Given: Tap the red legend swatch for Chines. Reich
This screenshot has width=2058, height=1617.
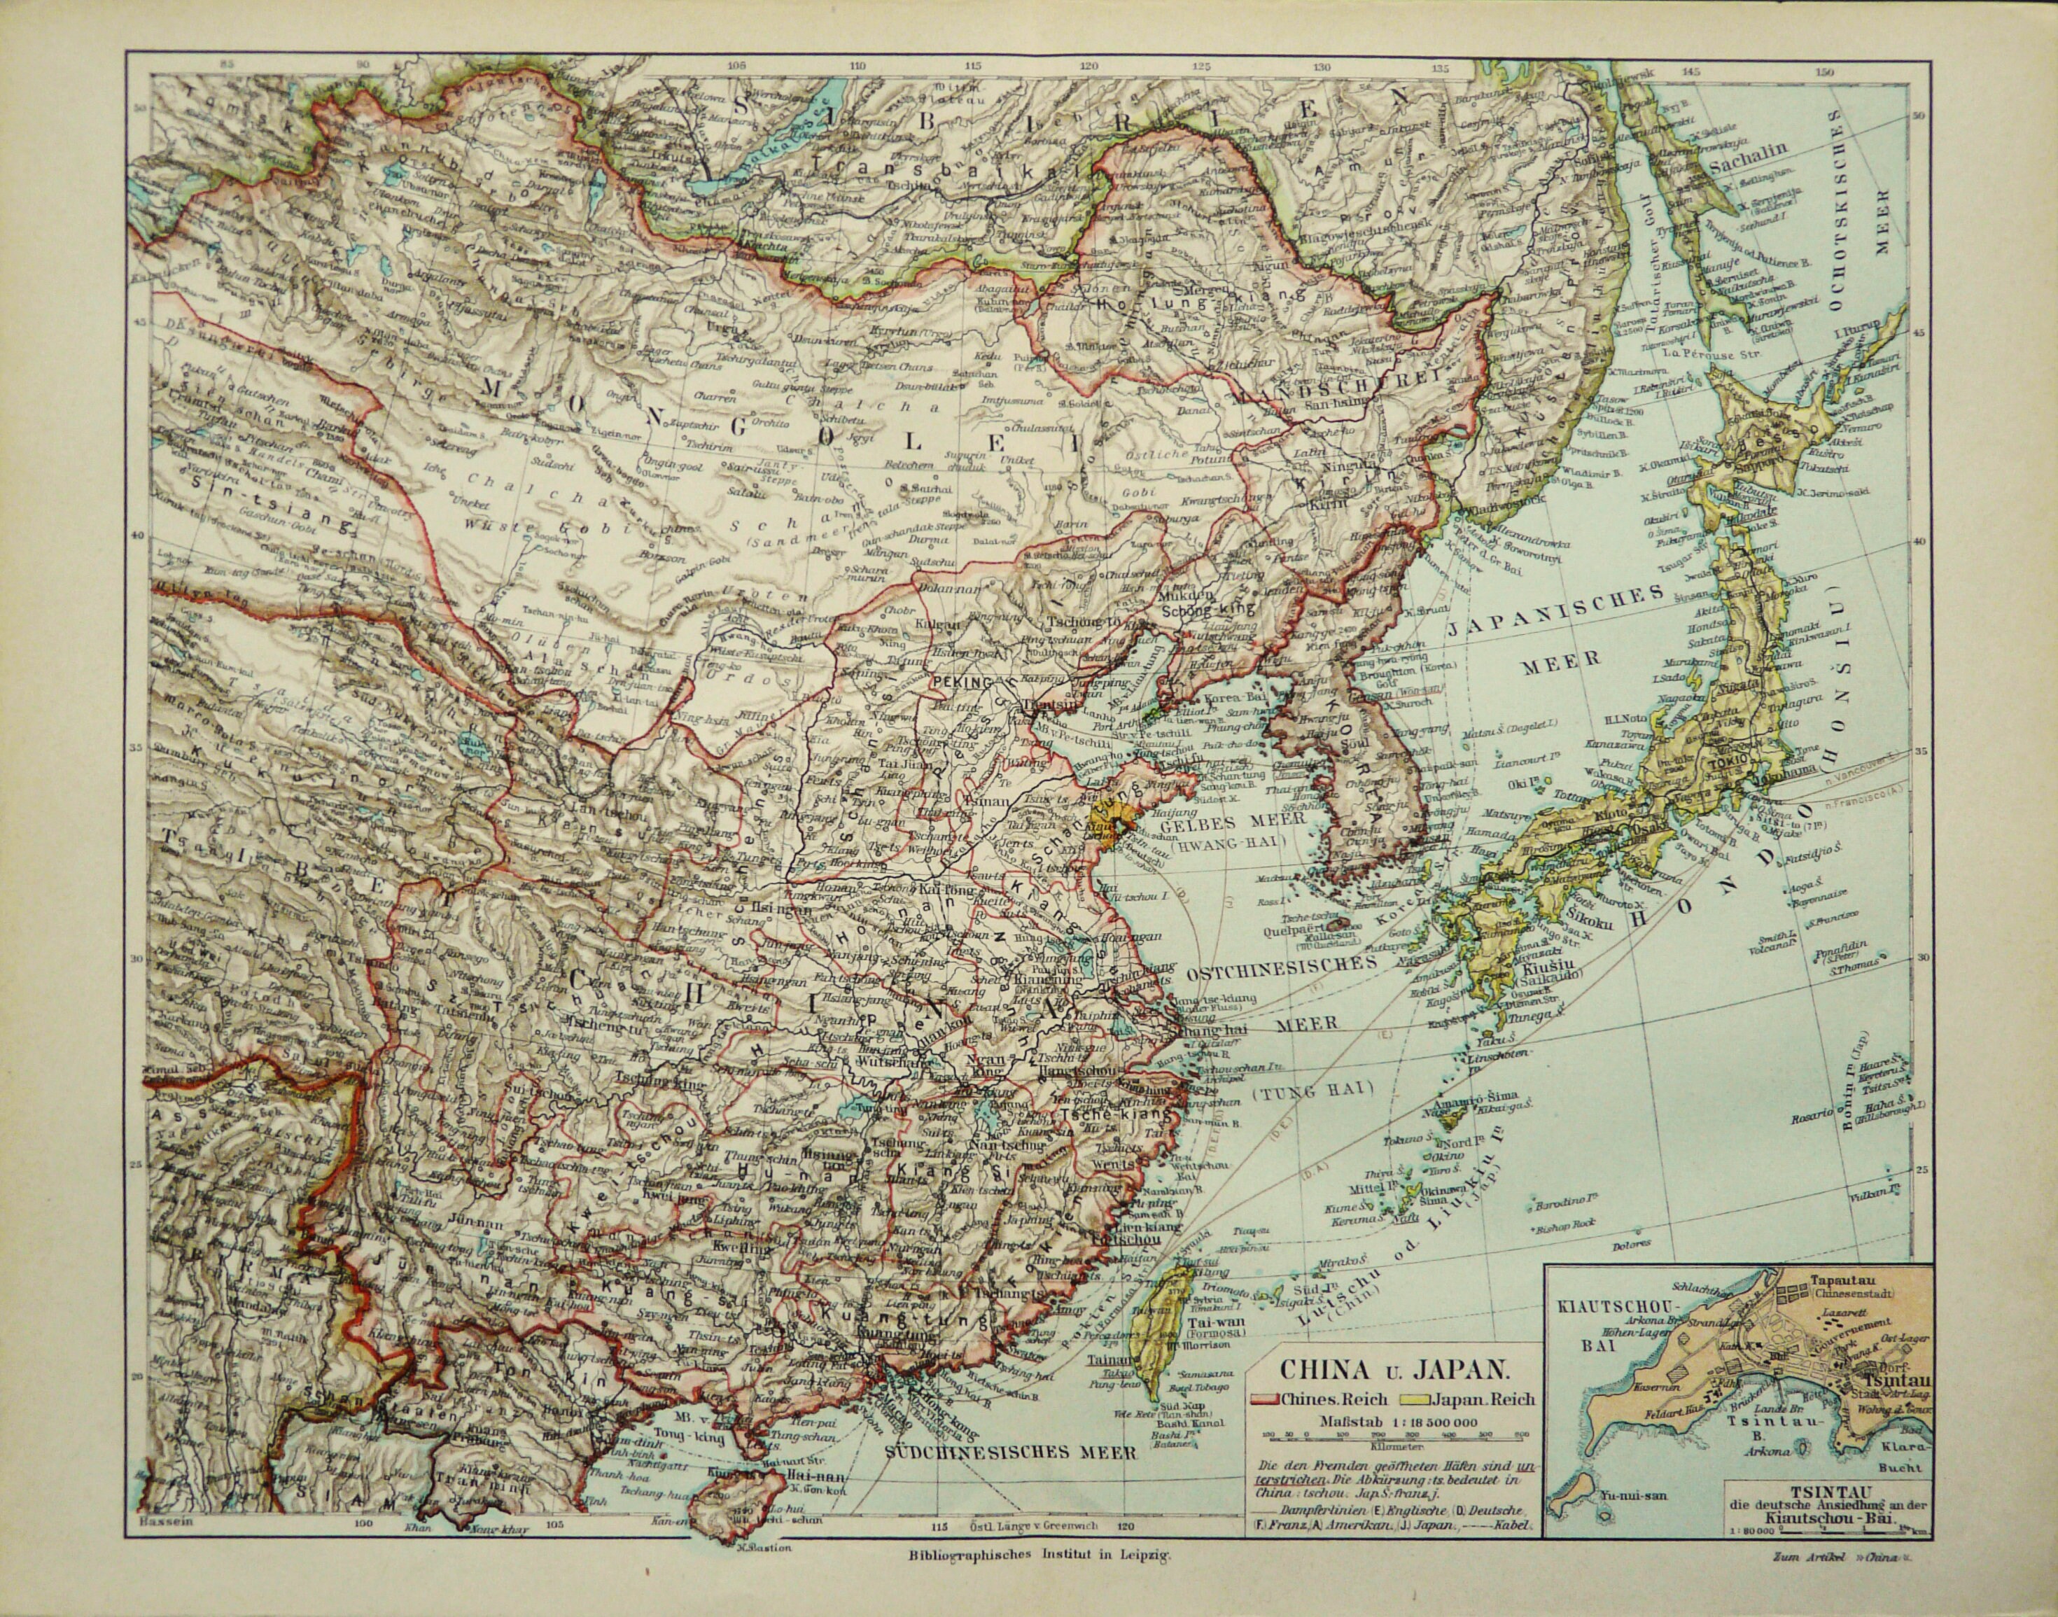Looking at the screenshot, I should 1263,1399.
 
